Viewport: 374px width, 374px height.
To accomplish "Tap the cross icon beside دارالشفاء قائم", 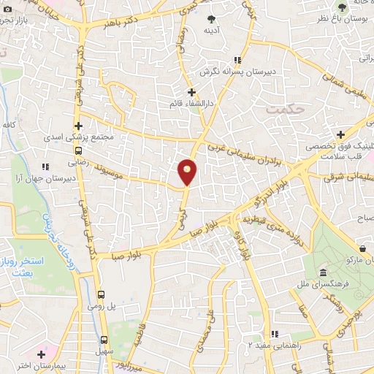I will (x=192, y=93).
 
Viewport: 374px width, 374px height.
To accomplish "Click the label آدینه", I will (x=212, y=31).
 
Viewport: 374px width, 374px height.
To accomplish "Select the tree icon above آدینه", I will (x=212, y=19).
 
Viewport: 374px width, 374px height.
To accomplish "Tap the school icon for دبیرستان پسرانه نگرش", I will (x=237, y=61).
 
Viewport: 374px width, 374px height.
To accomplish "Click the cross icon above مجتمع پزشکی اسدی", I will (x=78, y=126).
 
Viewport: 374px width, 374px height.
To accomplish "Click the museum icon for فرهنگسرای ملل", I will (x=321, y=274).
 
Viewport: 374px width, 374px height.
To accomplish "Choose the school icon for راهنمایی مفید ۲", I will (x=275, y=335).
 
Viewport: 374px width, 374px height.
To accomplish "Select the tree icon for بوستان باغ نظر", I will (x=341, y=7).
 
